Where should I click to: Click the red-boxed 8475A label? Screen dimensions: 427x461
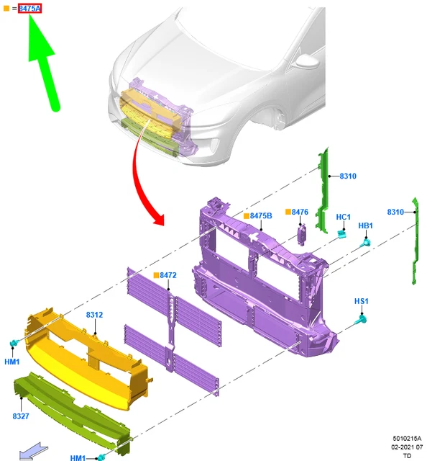tap(29, 9)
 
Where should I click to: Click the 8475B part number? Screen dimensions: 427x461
tap(261, 216)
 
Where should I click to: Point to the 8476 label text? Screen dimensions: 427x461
tap(300, 212)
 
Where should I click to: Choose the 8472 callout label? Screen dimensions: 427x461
tap(168, 275)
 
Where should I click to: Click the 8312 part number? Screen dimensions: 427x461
tap(94, 315)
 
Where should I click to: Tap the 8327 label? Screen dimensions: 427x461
tap(21, 416)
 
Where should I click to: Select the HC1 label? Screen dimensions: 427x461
tap(344, 217)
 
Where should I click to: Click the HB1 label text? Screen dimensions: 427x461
tap(366, 225)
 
